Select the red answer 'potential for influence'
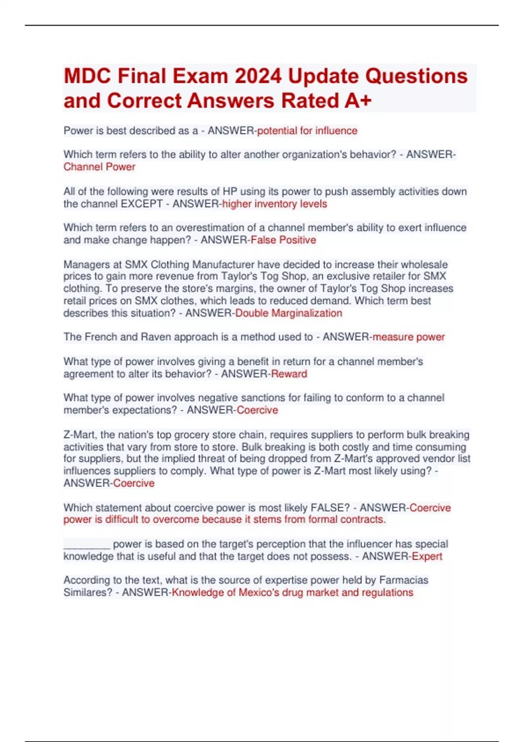tap(307, 131)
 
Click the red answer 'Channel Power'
tap(99, 167)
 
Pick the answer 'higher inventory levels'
tap(274, 204)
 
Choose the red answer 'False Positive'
tap(283, 240)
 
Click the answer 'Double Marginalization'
tap(288, 313)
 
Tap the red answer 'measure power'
tap(408, 337)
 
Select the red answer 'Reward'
tap(289, 374)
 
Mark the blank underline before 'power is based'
tap(86, 545)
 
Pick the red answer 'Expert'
tap(427, 556)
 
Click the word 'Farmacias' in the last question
tap(403, 580)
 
